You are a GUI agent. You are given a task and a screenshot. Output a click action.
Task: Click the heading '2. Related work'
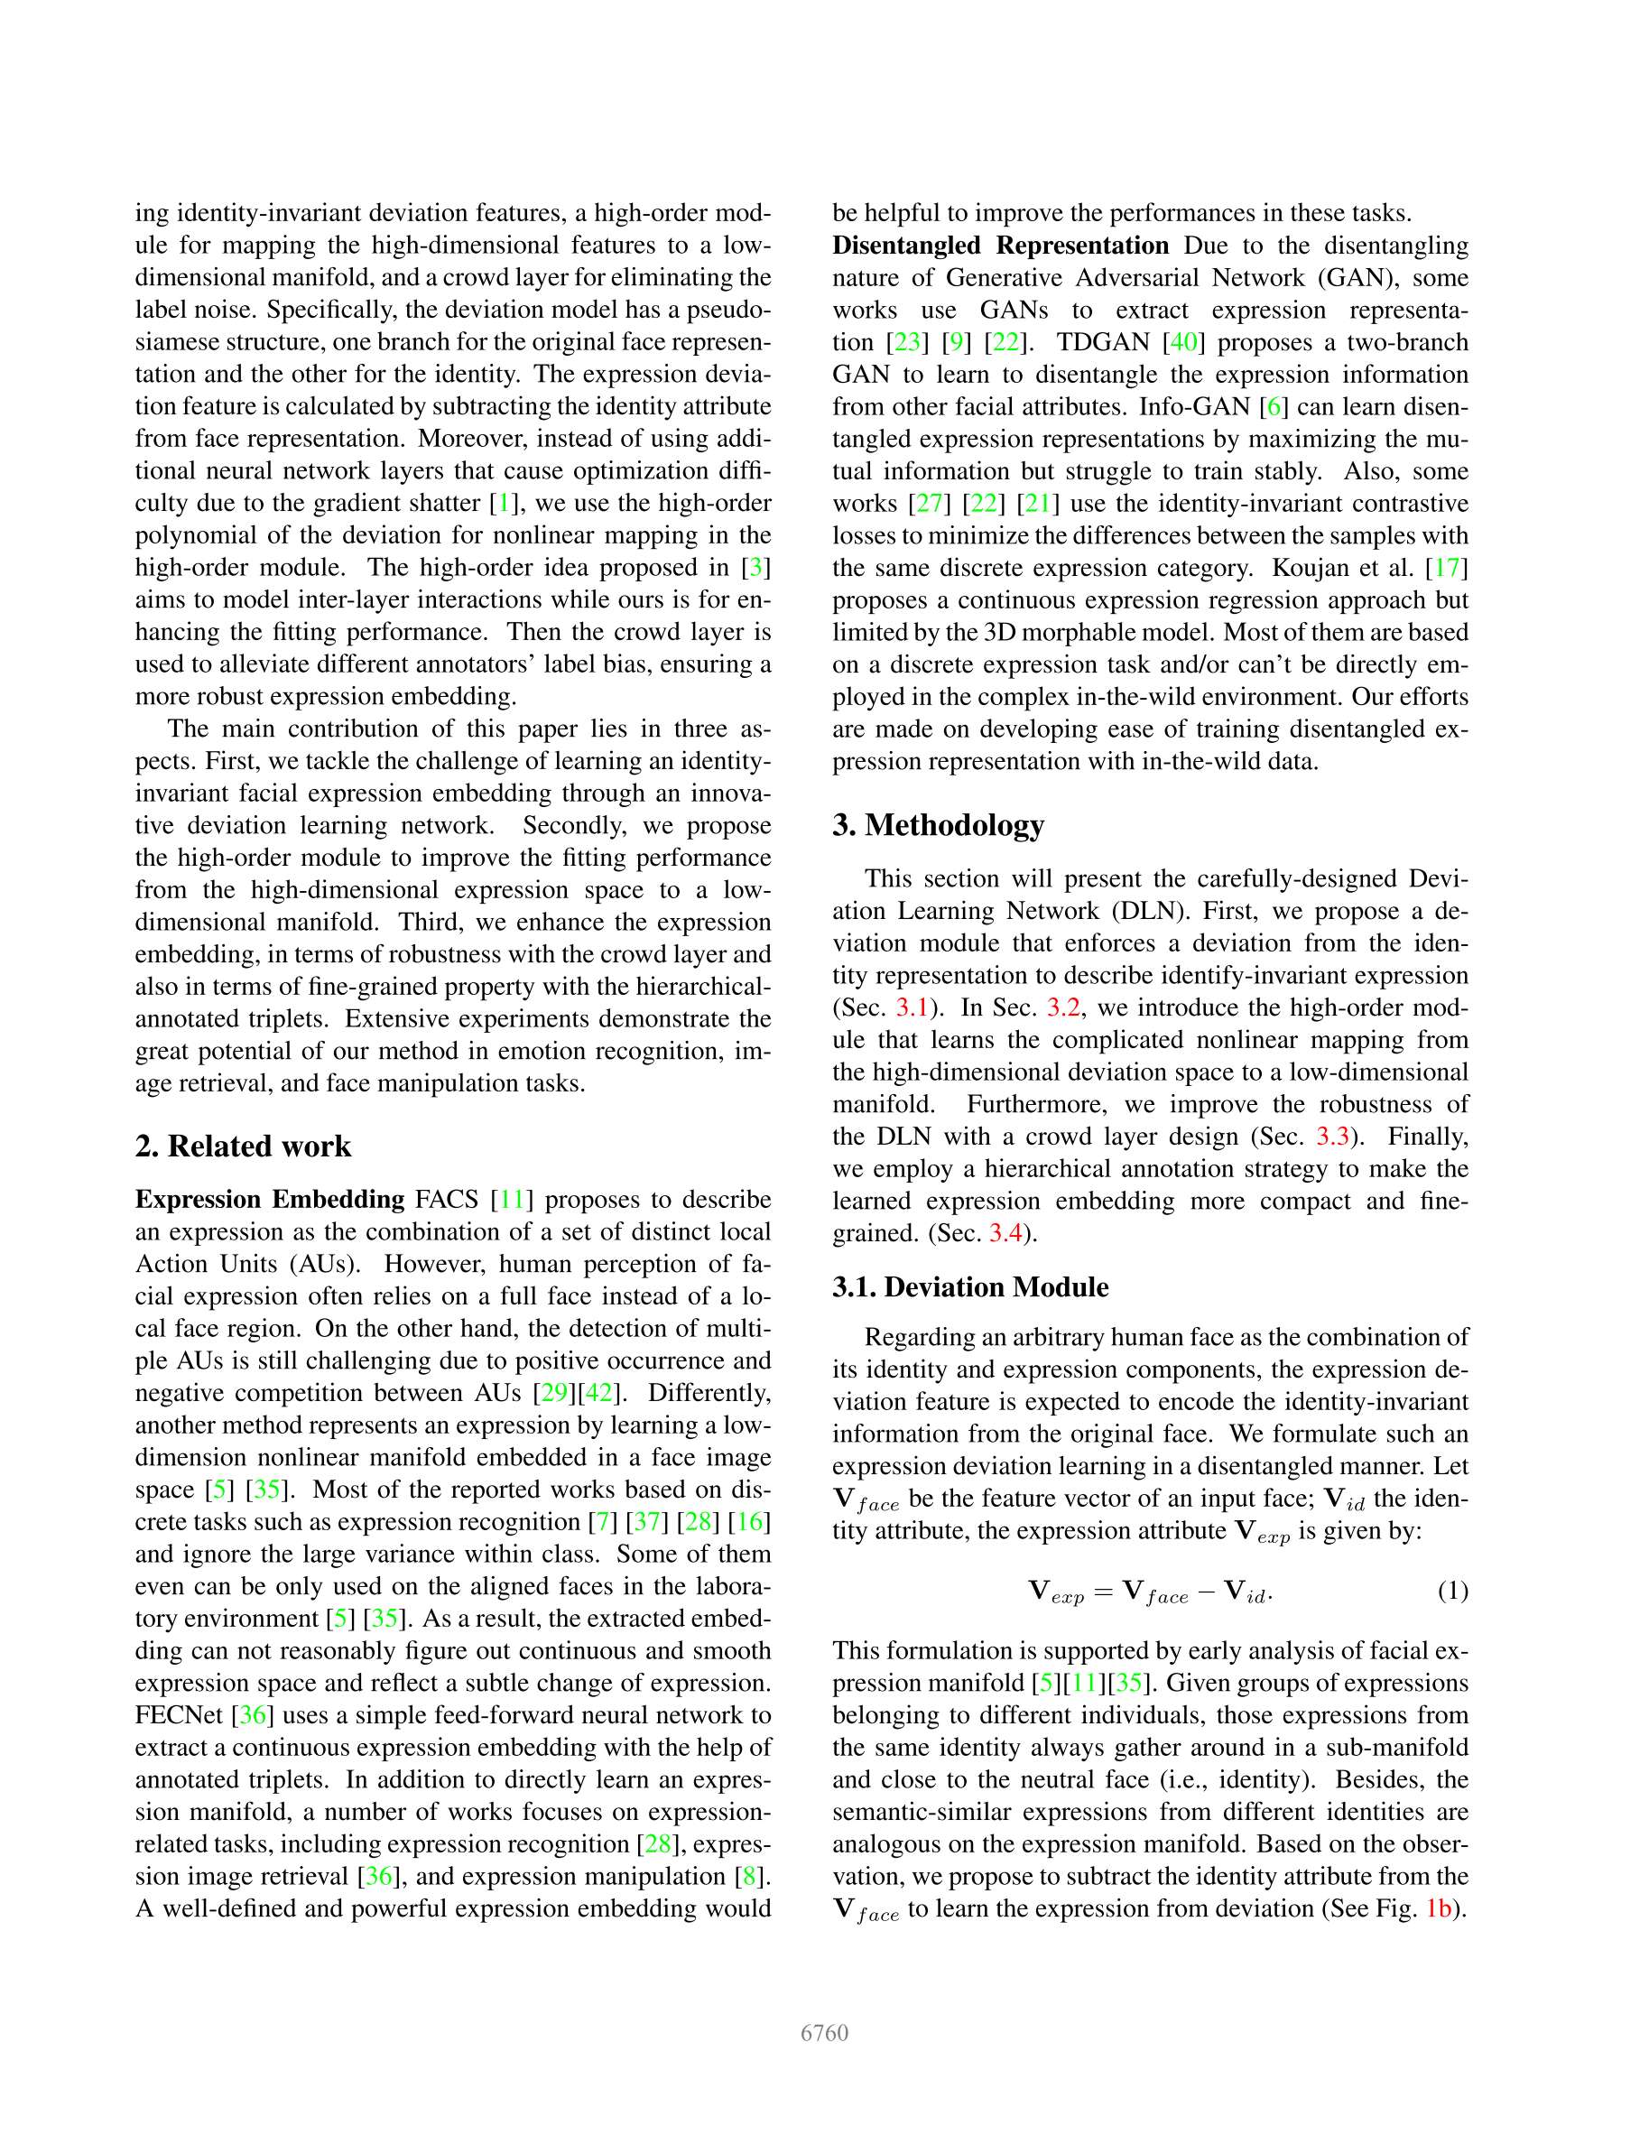tap(243, 1146)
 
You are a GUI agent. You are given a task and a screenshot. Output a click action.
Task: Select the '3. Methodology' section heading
tap(938, 824)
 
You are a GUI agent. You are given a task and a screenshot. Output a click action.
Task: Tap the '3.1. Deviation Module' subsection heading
tap(969, 1286)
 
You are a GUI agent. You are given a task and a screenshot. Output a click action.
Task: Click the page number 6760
tap(824, 2032)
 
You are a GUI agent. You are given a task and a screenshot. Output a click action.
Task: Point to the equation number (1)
tap(1452, 1591)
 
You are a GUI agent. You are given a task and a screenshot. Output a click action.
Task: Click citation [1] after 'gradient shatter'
tap(504, 504)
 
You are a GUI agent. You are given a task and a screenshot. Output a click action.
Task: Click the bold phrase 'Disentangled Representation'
tap(1000, 246)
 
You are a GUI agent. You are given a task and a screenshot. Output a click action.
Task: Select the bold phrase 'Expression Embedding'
tap(270, 1200)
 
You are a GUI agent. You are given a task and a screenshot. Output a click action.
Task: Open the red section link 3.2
tap(1062, 1007)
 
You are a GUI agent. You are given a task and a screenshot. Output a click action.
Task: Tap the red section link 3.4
tap(1005, 1234)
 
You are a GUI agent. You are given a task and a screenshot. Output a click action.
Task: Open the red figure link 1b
tap(1438, 1908)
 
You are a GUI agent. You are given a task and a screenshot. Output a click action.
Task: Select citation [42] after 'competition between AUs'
tap(598, 1393)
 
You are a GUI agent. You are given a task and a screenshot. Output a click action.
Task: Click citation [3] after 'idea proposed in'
tap(754, 568)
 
